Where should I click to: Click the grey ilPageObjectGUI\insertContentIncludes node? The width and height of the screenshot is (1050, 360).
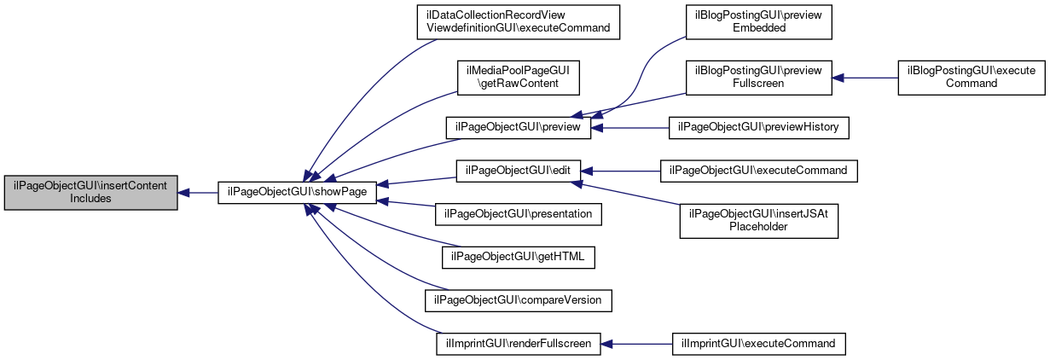coord(91,193)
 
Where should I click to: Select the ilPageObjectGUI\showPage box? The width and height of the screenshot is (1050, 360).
coord(297,193)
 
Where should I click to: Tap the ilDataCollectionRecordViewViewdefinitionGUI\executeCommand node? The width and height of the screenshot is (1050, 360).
coord(519,22)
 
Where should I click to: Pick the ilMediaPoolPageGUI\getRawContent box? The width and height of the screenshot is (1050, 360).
coord(519,78)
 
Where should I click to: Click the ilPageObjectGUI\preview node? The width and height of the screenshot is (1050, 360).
coord(519,128)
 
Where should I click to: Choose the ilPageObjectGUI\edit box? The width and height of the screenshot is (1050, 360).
coord(519,171)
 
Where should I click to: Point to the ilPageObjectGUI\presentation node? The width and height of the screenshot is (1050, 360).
coord(519,214)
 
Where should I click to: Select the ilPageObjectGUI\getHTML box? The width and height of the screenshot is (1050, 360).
coord(519,258)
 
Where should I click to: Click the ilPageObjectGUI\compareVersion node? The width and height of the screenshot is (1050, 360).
coord(519,300)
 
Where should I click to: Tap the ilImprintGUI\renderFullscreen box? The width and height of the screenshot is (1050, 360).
coord(519,344)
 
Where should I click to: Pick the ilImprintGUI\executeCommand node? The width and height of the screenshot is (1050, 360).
coord(759,344)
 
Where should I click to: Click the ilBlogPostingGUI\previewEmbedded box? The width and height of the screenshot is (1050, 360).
coord(759,22)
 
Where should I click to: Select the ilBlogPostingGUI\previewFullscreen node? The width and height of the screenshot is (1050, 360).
coord(759,78)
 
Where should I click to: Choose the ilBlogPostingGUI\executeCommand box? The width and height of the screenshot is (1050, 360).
coord(972,78)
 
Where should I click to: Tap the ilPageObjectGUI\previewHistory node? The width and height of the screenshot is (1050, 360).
coord(759,128)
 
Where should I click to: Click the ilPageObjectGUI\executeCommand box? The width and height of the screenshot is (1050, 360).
coord(759,171)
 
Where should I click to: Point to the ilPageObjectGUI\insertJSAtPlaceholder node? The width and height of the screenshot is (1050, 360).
coord(759,221)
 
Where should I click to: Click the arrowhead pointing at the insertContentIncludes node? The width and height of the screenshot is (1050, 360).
coord(183,193)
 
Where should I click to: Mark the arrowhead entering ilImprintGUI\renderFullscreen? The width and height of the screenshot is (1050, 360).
coord(606,344)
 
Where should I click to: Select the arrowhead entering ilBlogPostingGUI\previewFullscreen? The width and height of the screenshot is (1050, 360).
coord(838,78)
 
